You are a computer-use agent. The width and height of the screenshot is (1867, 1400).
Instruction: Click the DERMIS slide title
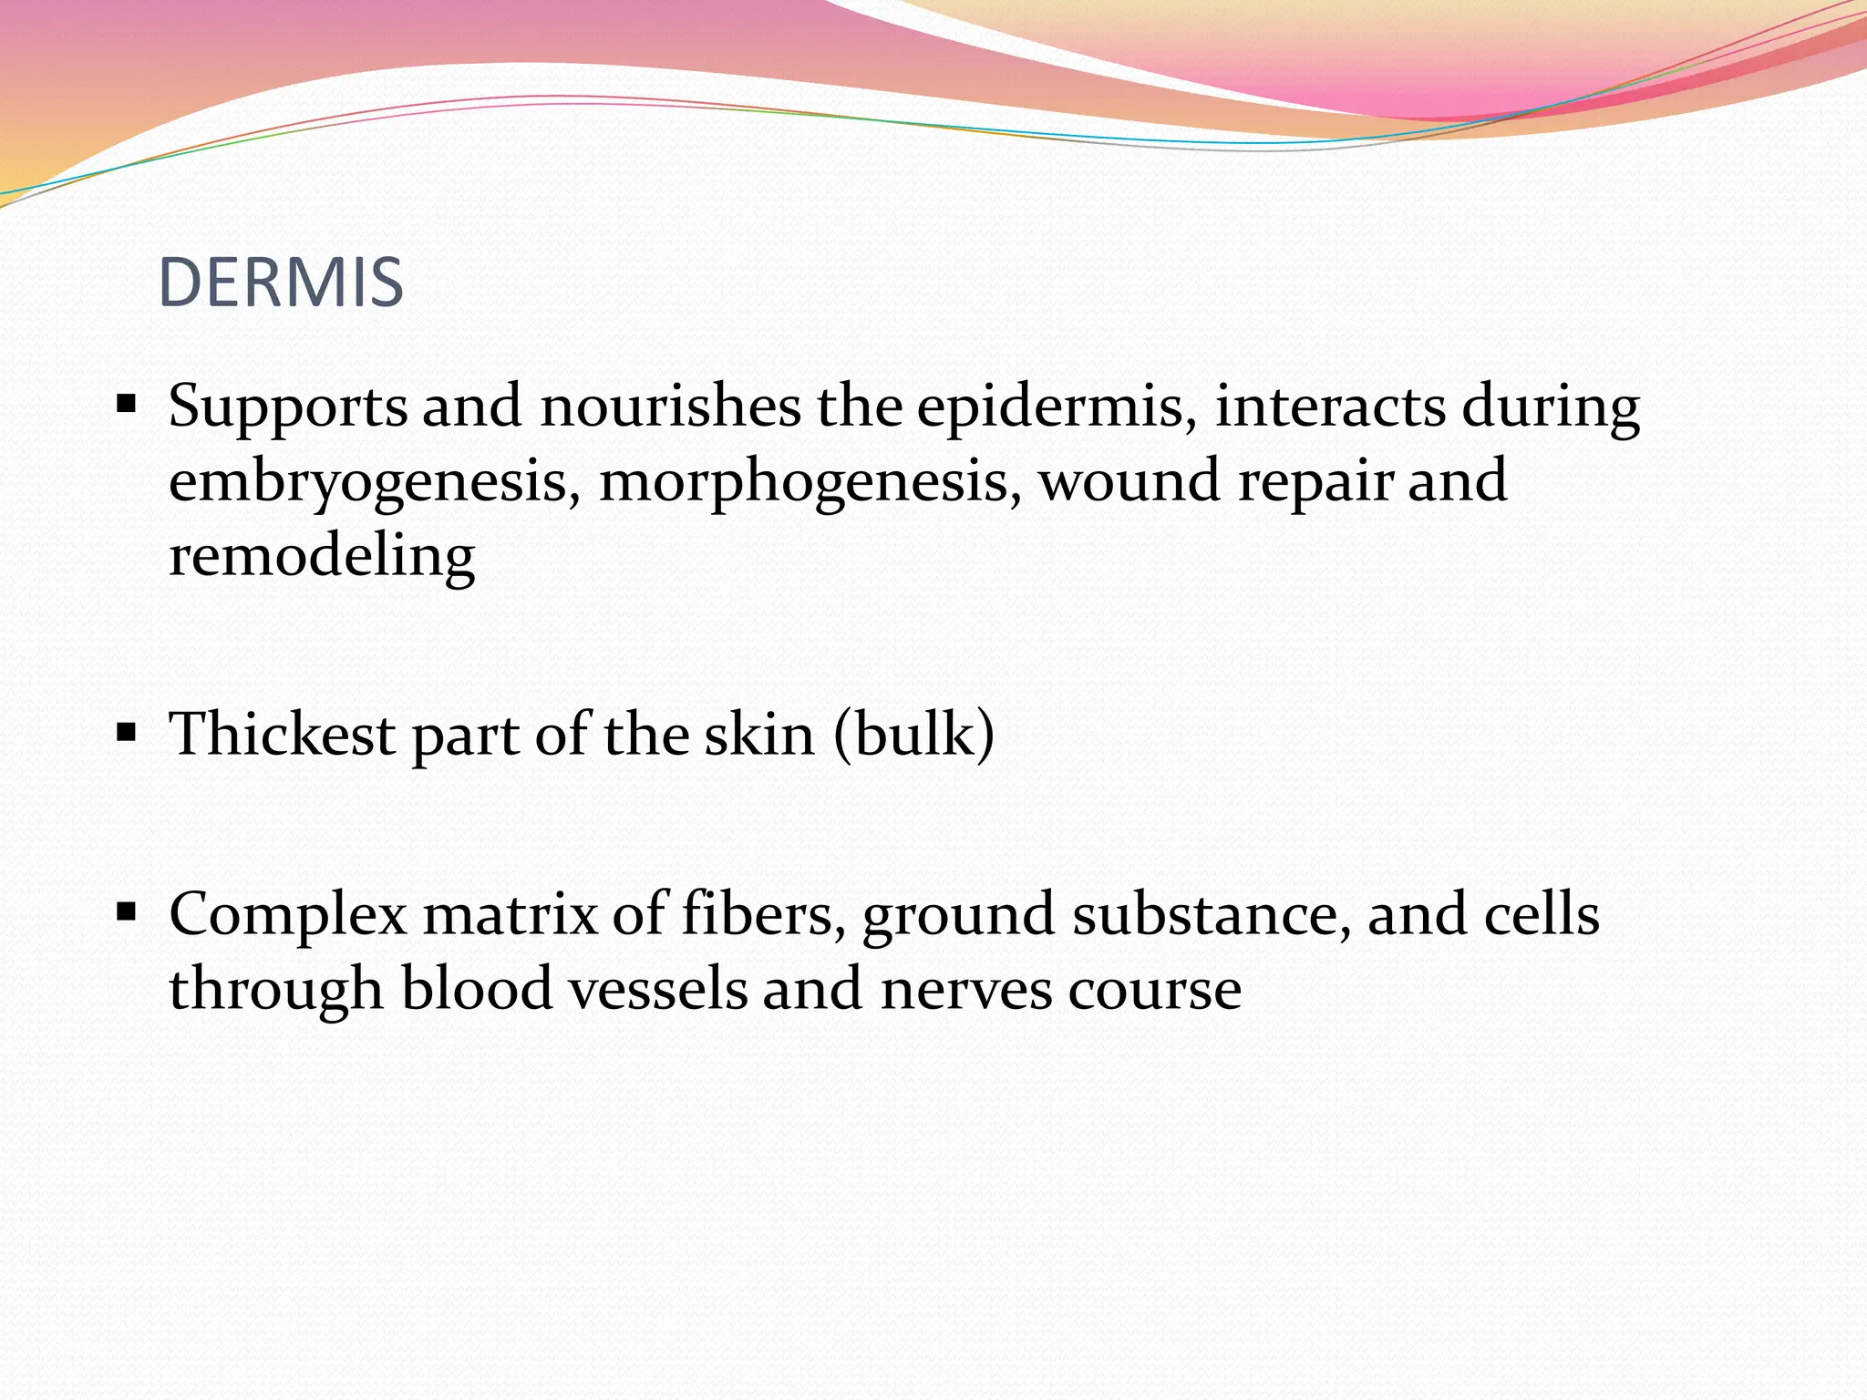click(x=281, y=283)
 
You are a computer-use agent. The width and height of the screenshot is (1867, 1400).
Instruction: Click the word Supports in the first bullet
click(x=288, y=407)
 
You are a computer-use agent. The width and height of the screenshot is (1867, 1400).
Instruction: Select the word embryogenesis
click(x=375, y=482)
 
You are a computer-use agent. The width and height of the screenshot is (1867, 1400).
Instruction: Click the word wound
click(x=1130, y=480)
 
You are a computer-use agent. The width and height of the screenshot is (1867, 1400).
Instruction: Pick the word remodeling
click(x=322, y=556)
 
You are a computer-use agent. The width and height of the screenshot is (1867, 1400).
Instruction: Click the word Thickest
click(x=283, y=734)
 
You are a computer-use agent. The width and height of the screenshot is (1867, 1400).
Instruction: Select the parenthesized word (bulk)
click(x=914, y=734)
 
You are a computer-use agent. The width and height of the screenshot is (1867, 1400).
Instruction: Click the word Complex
click(x=288, y=915)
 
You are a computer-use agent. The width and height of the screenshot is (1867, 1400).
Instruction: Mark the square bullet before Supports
click(x=127, y=403)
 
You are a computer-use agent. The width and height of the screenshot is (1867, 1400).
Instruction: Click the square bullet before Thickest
click(x=127, y=731)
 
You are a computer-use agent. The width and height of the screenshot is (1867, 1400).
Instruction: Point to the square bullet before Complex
click(x=127, y=911)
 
